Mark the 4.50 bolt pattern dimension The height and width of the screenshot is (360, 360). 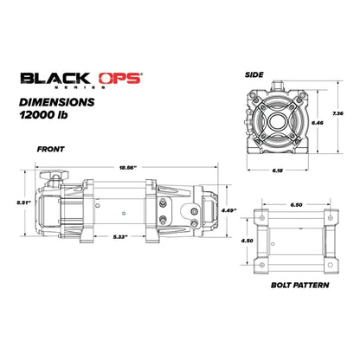point(246,241)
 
